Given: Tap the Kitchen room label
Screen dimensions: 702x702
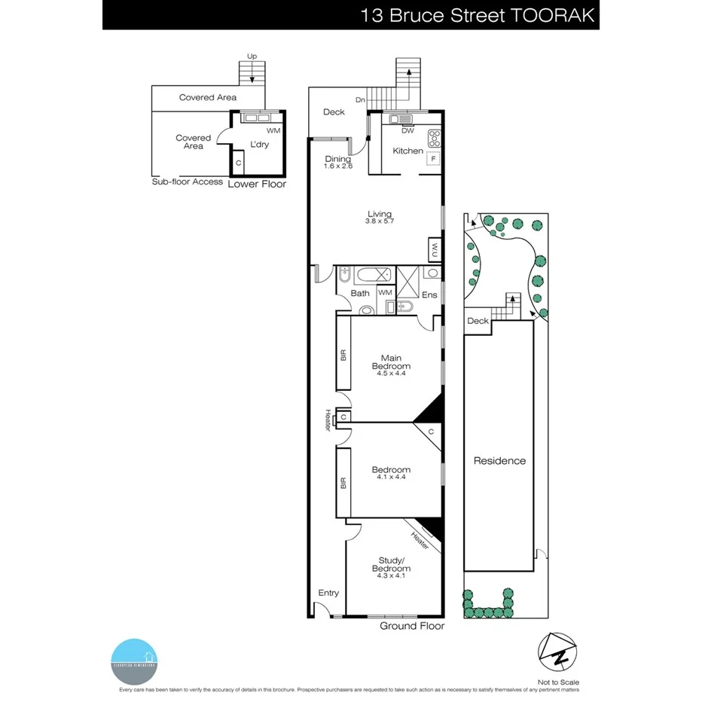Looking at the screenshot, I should click(407, 151).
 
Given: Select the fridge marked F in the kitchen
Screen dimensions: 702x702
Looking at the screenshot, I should click(433, 159).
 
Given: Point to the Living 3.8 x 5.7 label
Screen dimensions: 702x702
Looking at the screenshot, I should click(380, 218).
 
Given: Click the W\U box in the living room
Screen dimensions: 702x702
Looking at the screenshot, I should click(435, 249).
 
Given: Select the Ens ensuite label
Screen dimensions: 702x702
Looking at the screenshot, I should click(429, 295).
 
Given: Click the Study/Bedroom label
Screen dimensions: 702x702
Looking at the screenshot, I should click(390, 564).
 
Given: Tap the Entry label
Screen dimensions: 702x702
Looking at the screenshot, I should click(328, 593).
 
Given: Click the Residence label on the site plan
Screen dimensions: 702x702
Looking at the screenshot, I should click(499, 461).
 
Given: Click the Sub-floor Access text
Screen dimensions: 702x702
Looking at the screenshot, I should click(187, 182).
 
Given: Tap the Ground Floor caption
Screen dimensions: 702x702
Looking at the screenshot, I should click(411, 626).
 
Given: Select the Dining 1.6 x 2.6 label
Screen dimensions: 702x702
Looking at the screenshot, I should click(337, 163).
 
